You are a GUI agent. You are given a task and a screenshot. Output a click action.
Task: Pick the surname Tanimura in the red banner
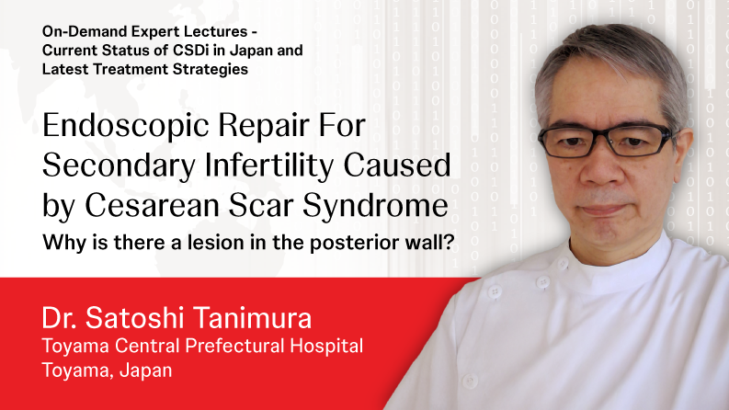(x=252, y=318)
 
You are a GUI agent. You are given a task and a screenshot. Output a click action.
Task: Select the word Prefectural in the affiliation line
(x=234, y=346)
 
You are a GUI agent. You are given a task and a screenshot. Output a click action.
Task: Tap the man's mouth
(x=602, y=210)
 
